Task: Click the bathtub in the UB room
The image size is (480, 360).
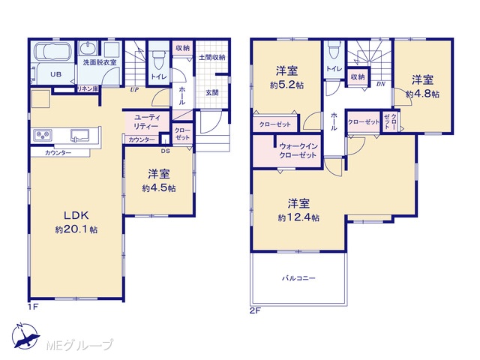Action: click(x=52, y=52)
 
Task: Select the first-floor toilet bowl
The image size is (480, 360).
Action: click(x=159, y=61)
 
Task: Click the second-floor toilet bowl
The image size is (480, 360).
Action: click(x=333, y=50)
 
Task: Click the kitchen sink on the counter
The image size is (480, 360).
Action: click(x=80, y=135)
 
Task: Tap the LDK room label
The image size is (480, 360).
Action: click(x=76, y=215)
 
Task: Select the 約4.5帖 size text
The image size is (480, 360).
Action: click(x=158, y=188)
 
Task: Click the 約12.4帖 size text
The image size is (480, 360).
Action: click(x=298, y=217)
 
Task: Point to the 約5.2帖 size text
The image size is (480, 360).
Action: click(x=286, y=85)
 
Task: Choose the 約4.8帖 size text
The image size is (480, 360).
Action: click(x=422, y=94)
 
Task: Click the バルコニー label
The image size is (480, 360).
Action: click(x=298, y=278)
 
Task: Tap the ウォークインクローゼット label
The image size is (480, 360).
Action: click(x=298, y=151)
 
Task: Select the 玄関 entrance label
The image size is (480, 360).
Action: click(x=211, y=92)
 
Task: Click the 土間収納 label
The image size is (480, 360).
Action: click(x=212, y=57)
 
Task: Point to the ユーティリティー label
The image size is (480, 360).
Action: click(x=146, y=121)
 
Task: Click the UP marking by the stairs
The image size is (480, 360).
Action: click(x=134, y=90)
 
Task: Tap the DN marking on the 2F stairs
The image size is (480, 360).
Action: click(x=380, y=84)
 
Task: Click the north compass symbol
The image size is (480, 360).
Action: click(x=25, y=336)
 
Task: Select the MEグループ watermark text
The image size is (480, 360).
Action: click(x=79, y=346)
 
